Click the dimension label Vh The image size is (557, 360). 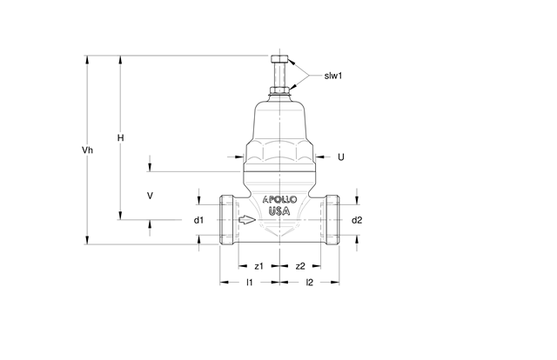[x=87, y=150]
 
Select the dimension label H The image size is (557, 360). [x=121, y=137]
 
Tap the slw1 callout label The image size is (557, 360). [x=332, y=76]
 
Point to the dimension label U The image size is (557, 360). [x=340, y=157]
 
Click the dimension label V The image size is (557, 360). [x=150, y=196]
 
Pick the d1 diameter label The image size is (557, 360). [x=198, y=220]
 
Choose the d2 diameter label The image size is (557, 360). [x=357, y=220]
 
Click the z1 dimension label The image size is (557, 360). [x=259, y=266]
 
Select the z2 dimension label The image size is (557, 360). [x=300, y=266]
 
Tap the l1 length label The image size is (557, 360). [x=250, y=283]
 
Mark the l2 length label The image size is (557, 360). [x=310, y=283]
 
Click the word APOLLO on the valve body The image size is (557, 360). [x=279, y=199]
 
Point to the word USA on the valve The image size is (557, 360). [x=279, y=211]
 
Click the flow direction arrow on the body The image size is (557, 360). [x=247, y=220]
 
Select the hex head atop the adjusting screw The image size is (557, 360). [x=279, y=58]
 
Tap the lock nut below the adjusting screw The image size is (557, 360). [x=279, y=90]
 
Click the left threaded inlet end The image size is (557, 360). [x=227, y=220]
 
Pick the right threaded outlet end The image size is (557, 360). [x=332, y=220]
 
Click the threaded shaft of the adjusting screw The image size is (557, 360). [x=279, y=75]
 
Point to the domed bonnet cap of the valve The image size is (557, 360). [x=279, y=123]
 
